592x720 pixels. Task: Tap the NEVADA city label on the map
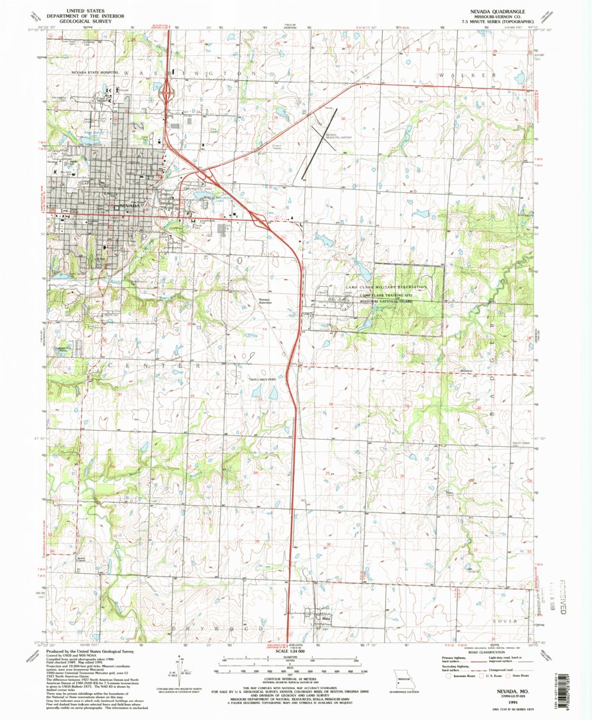tap(129, 206)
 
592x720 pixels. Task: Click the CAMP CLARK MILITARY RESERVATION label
tap(386, 287)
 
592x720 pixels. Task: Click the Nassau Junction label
tap(265, 301)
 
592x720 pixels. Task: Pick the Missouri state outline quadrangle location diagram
tap(405, 678)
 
